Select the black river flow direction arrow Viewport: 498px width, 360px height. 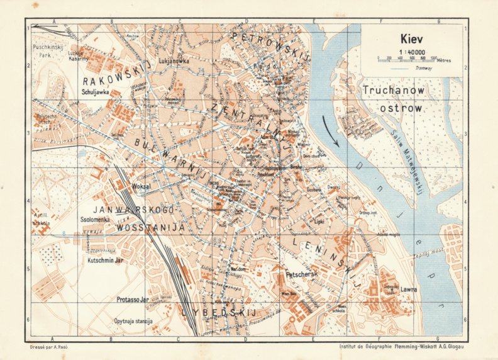pos(331,130)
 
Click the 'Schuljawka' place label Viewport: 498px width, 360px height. pos(96,92)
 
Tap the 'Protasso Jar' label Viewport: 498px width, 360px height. pos(133,300)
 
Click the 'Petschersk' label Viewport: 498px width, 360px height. pos(303,275)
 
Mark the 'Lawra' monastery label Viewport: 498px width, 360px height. pos(409,290)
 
